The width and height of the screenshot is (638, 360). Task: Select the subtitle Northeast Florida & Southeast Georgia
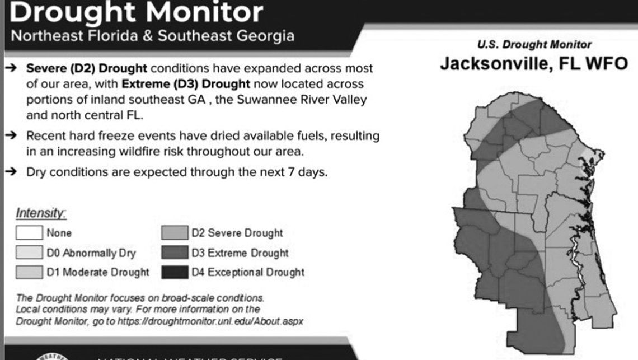tap(152, 36)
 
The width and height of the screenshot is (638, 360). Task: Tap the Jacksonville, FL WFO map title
tap(534, 64)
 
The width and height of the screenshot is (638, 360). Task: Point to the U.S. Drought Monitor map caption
tap(534, 45)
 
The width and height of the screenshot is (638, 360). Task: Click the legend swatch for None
tap(29, 232)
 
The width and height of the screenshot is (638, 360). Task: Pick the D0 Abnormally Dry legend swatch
tap(29, 253)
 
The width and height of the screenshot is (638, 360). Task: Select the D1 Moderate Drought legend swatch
tap(29, 272)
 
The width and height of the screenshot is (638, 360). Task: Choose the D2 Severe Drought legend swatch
tap(175, 232)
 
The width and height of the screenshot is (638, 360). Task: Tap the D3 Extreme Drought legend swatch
tap(175, 253)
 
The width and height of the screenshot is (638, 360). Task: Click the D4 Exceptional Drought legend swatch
tap(175, 272)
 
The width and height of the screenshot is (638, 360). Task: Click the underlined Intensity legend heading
tap(41, 213)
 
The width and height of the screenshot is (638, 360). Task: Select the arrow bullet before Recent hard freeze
tap(11, 135)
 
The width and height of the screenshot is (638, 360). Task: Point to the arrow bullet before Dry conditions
tap(11, 172)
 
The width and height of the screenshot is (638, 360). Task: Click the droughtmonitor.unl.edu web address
tap(224, 321)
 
